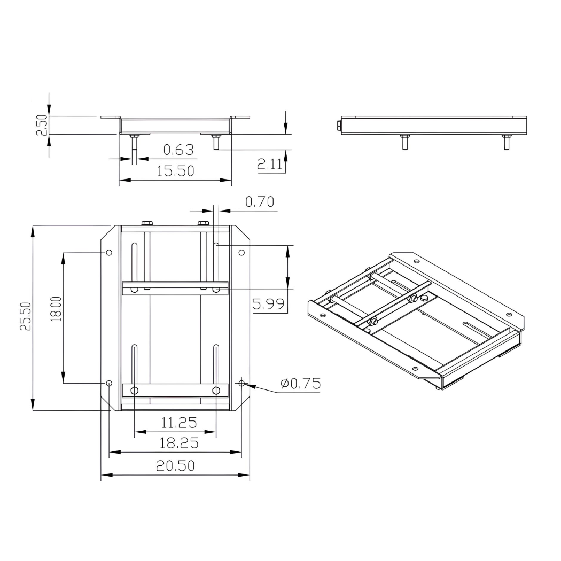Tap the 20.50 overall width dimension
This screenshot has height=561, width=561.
pos(175,465)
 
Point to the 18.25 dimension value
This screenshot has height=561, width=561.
pos(179,442)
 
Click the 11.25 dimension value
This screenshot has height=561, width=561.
pos(179,423)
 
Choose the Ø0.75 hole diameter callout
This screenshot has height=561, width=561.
pos(300,383)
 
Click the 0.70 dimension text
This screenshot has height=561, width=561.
pos(260,201)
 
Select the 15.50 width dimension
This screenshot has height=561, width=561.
pos(175,171)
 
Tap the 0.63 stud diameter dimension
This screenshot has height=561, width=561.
pos(178,150)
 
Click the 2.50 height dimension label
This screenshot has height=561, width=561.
pos(42,125)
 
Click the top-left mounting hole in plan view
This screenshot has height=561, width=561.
pos(109,252)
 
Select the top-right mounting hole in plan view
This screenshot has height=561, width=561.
pos(241,252)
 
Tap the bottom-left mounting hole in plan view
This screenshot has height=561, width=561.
pos(109,383)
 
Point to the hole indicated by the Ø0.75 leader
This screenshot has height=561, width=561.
pos(241,383)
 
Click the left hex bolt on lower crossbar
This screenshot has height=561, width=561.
pos(134,391)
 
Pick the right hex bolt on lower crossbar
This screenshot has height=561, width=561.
pos(216,391)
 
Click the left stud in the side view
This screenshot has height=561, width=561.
pos(404,142)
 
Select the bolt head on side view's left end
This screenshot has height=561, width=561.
pos(339,126)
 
